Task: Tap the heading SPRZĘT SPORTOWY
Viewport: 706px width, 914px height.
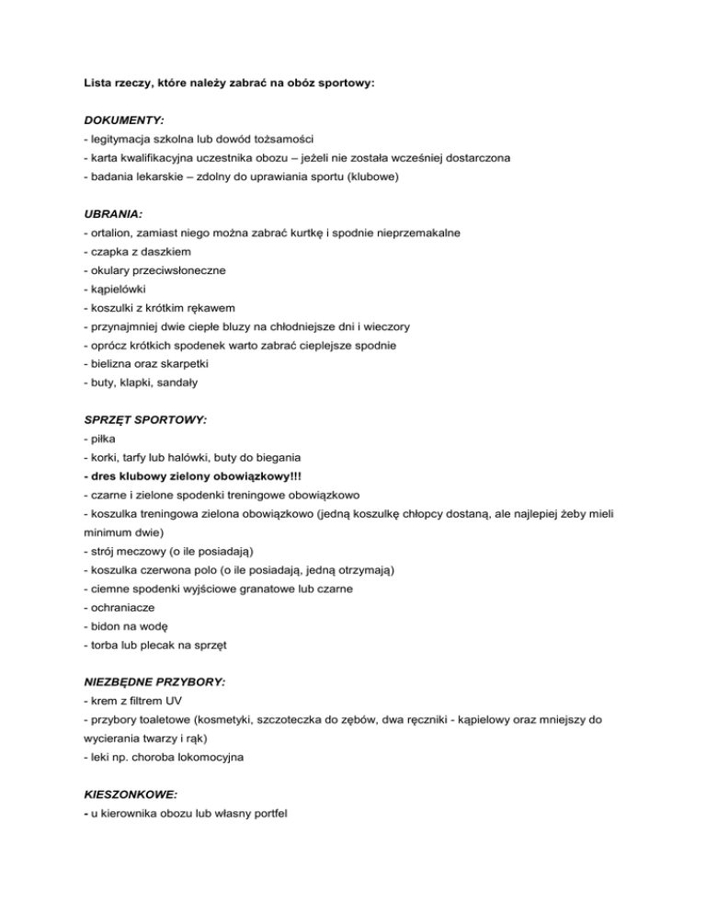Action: [144, 419]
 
